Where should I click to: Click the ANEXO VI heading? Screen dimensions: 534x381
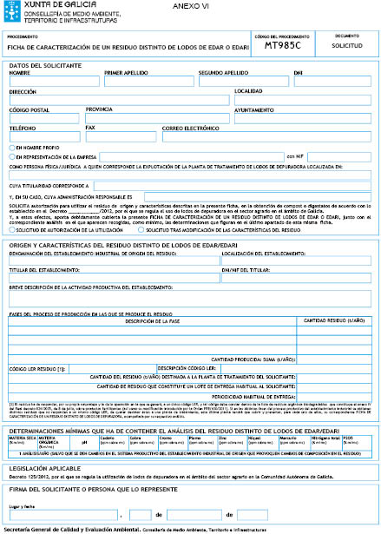point(199,6)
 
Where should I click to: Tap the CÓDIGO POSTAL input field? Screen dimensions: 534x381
point(43,118)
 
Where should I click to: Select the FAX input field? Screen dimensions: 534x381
point(122,136)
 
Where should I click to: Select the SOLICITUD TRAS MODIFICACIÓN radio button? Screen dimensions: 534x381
point(141,230)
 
